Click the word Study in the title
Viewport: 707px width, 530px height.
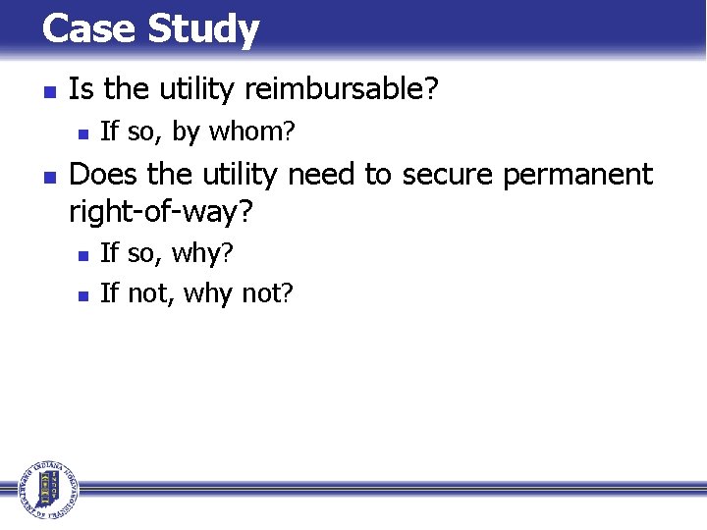pyautogui.click(x=203, y=30)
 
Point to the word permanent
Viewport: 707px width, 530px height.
pyautogui.click(x=577, y=175)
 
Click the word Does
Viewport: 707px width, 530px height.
pyautogui.click(x=104, y=175)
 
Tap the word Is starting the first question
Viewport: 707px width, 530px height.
pyautogui.click(x=82, y=90)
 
